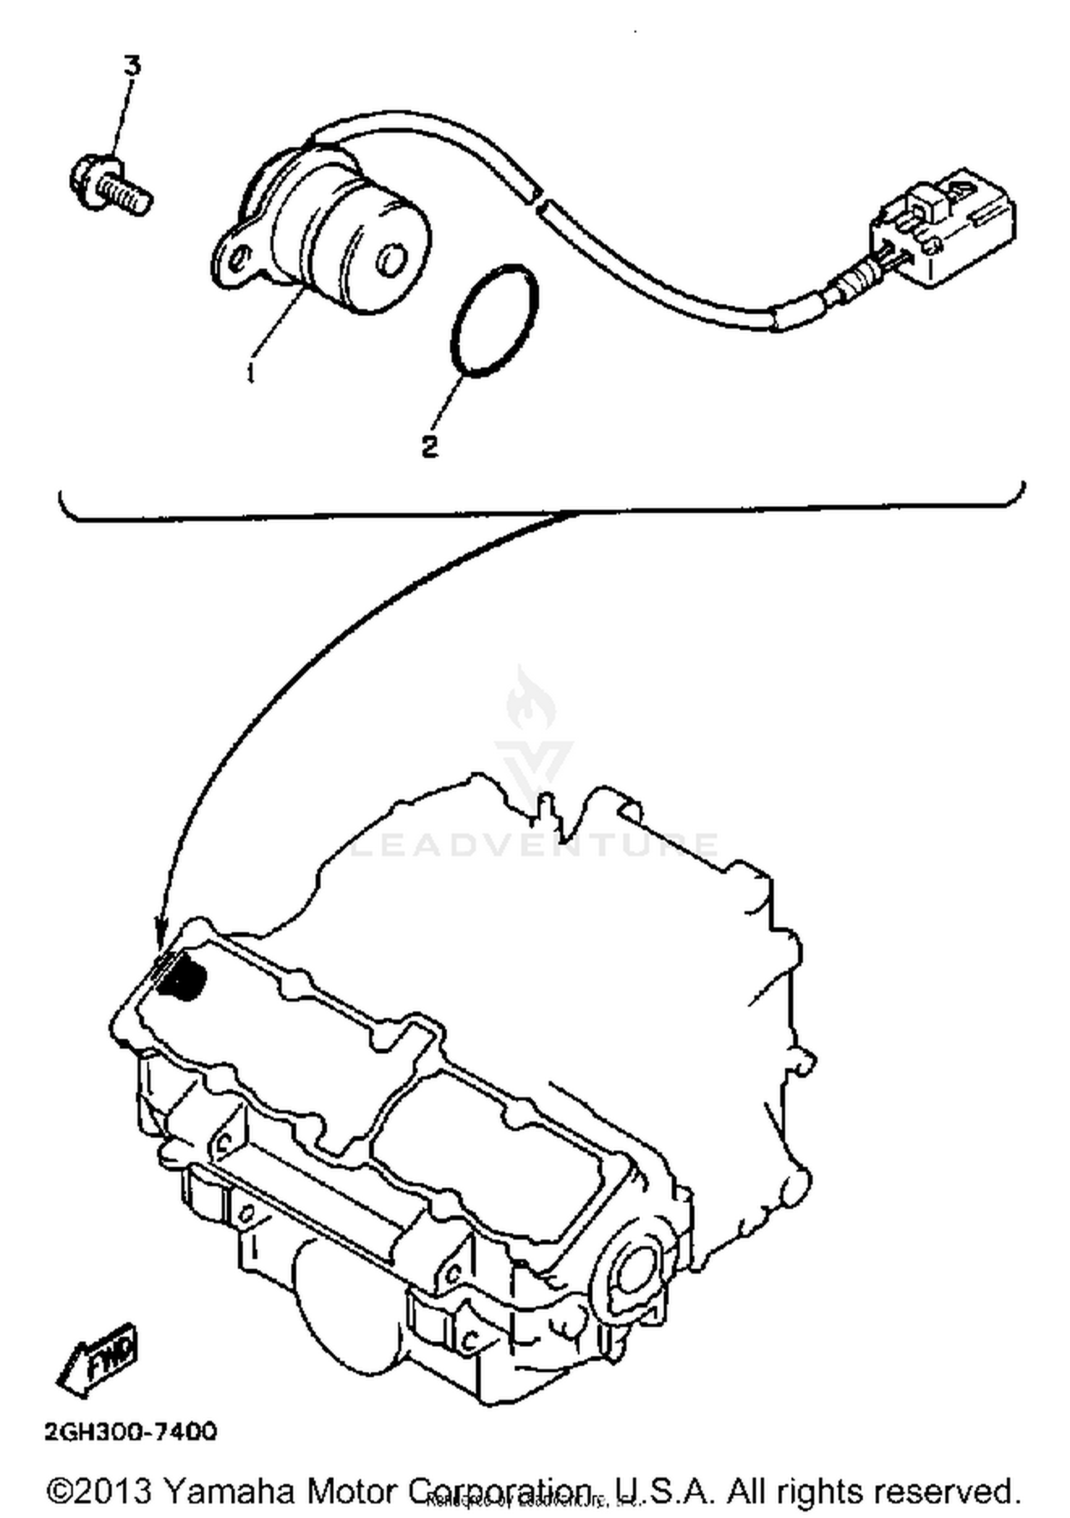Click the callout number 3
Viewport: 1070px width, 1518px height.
point(133,66)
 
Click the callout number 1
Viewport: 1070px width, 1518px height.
point(250,371)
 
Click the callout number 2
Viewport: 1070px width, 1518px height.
point(429,447)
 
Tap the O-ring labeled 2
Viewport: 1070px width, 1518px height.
point(494,319)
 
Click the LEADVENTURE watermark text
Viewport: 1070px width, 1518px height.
point(535,845)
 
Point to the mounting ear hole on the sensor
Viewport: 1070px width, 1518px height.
point(241,257)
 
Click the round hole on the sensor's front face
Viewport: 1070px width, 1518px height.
point(390,261)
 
